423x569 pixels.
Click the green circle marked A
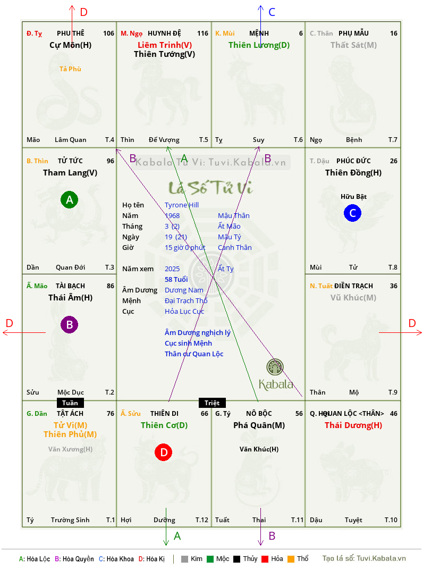(x=69, y=199)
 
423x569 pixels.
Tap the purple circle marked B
(x=69, y=324)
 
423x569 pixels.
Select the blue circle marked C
(x=352, y=213)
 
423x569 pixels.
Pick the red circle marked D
(x=164, y=452)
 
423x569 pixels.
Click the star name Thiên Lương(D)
(x=259, y=45)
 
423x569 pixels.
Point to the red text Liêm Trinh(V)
(x=165, y=45)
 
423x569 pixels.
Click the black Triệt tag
(x=212, y=403)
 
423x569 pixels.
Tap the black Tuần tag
(x=70, y=403)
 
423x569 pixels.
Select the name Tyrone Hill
(x=182, y=205)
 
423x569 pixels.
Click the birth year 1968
(x=172, y=215)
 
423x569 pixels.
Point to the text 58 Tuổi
(x=176, y=279)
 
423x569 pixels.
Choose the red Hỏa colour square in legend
(x=265, y=559)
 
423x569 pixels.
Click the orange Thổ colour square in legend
(x=291, y=559)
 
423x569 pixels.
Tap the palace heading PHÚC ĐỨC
(x=353, y=161)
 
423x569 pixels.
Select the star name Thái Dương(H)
(x=353, y=425)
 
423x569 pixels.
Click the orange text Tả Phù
(x=70, y=69)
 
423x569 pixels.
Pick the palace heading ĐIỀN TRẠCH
(x=353, y=286)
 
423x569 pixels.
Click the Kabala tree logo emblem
(x=275, y=367)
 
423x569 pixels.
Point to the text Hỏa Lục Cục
(x=184, y=311)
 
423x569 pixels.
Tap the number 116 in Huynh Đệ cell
(x=203, y=34)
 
